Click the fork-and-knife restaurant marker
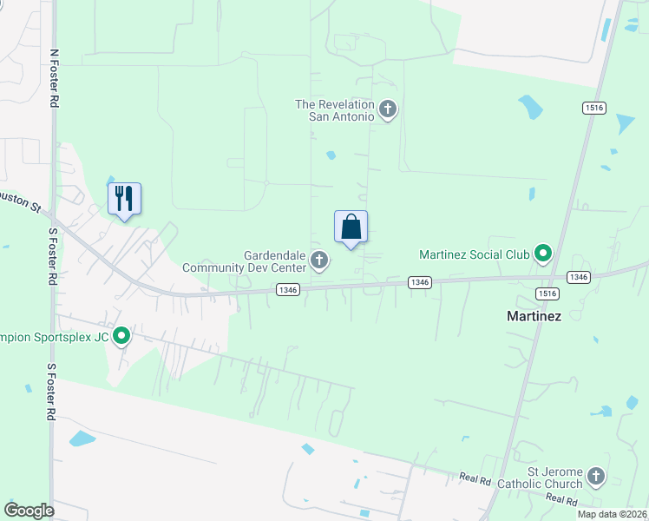click(124, 199)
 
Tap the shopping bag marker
click(351, 228)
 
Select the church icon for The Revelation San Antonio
click(387, 109)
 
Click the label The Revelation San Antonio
click(335, 109)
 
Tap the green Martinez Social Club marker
click(543, 254)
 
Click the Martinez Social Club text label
click(474, 254)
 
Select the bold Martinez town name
click(534, 316)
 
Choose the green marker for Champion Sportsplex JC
click(121, 336)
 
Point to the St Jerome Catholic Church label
click(547, 478)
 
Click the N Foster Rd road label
click(55, 78)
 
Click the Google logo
click(29, 510)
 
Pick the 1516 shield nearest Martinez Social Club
click(547, 293)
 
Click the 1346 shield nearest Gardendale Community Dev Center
click(290, 290)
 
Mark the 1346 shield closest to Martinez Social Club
click(420, 281)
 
